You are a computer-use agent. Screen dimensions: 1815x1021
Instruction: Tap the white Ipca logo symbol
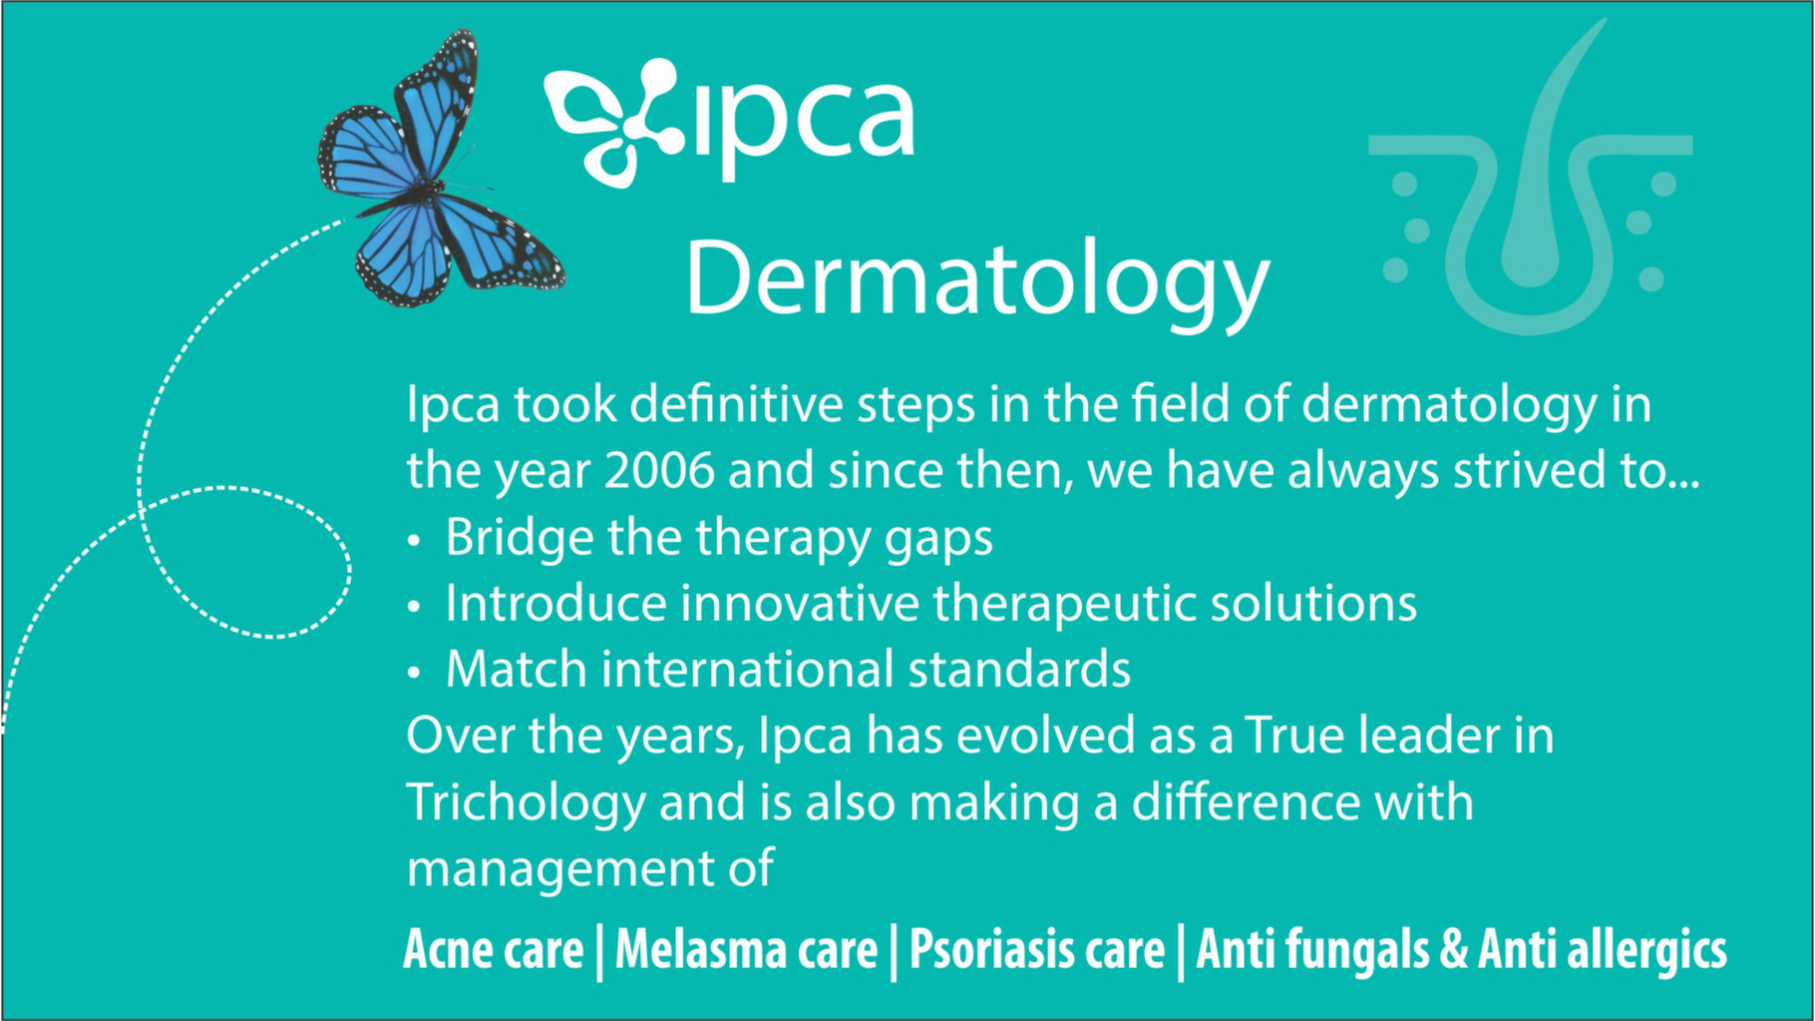(x=614, y=122)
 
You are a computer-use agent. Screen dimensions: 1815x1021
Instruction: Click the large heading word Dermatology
(x=977, y=281)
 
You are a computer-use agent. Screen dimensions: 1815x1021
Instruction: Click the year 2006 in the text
(x=659, y=471)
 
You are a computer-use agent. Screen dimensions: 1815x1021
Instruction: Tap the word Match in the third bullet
(x=516, y=669)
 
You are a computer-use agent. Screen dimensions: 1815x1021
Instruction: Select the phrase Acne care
(x=493, y=949)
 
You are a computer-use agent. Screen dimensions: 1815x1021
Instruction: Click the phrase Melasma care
(x=747, y=949)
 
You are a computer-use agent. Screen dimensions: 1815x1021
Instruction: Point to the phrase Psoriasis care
(x=1037, y=949)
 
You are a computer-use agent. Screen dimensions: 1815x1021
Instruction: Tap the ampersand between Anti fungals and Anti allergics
(x=1454, y=950)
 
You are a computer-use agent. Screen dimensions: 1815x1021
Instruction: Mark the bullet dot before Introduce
(x=413, y=607)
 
